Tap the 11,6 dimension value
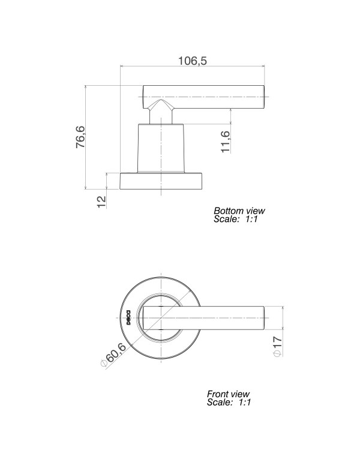(226, 142)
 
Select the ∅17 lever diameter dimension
(277, 347)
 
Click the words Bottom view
(239, 211)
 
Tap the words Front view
(227, 394)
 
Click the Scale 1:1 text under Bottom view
(236, 220)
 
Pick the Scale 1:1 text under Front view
(229, 403)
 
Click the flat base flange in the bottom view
(162, 181)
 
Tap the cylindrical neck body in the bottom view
(161, 148)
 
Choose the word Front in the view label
(218, 394)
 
